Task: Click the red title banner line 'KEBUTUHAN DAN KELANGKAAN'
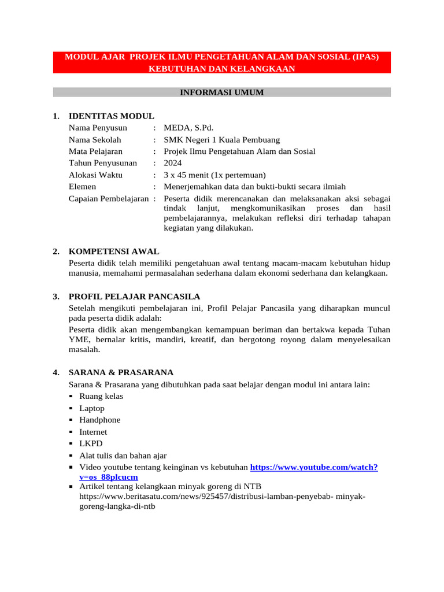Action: tap(222, 69)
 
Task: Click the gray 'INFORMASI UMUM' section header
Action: tap(222, 92)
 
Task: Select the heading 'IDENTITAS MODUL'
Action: tap(111, 116)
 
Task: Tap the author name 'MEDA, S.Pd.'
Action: tap(188, 128)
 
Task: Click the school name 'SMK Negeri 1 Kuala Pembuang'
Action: tap(221, 140)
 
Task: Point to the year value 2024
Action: tap(173, 163)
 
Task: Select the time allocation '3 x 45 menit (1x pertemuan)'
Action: tap(214, 175)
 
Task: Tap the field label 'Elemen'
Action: tap(82, 187)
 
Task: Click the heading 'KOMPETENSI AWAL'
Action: tap(113, 251)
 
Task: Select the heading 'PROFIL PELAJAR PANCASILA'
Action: tap(134, 297)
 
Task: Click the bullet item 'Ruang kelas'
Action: tap(101, 396)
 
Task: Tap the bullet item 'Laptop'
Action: tap(92, 408)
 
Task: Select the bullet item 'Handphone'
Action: tap(100, 420)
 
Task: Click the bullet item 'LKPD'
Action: tap(91, 443)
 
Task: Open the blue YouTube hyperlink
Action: tap(314, 467)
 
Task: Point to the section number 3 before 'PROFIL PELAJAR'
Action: tap(55, 297)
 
